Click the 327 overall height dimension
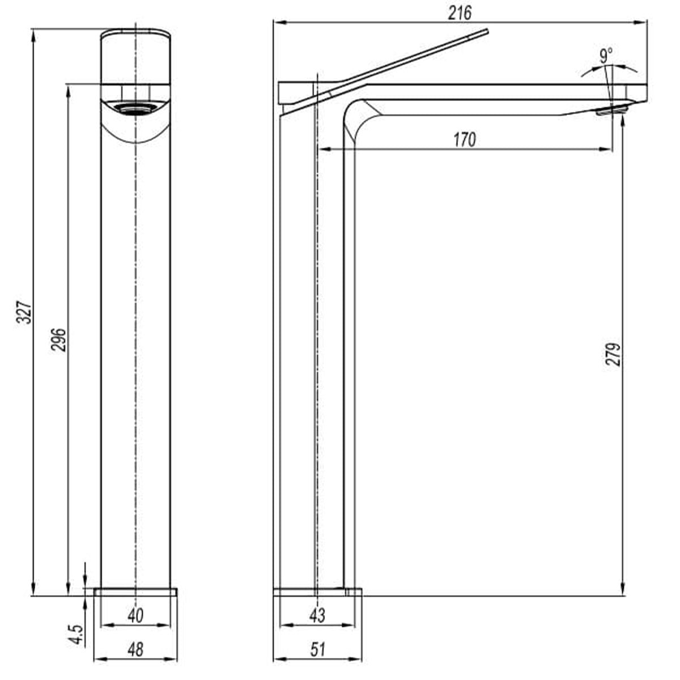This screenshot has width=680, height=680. point(23,312)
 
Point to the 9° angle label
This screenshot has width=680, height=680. point(606,56)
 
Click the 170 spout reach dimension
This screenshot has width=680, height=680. point(465,139)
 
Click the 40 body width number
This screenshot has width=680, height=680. point(135,615)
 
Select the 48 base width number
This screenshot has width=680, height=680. point(135,649)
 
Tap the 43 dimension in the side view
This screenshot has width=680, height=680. point(318,615)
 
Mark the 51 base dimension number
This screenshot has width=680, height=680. point(318,649)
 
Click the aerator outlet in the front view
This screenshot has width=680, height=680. point(135,107)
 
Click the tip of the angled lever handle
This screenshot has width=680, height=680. point(486,31)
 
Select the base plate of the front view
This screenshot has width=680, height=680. point(135,592)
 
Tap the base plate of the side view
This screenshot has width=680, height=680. point(317,592)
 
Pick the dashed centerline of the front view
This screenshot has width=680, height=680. point(137,340)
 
